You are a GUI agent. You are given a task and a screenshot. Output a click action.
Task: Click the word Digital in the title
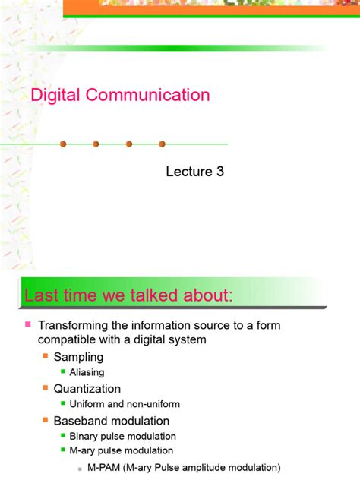pos(55,96)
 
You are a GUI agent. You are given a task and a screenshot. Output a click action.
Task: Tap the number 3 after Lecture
pos(220,172)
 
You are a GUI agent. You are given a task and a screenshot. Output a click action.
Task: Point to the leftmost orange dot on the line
pos(63,144)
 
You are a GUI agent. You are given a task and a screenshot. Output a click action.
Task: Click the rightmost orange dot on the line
pos(162,144)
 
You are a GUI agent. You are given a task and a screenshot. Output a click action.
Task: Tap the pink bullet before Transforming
pos(27,324)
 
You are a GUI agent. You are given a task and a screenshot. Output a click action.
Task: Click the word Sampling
pos(78,357)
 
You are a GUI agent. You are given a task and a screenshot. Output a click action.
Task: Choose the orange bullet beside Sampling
pos(46,356)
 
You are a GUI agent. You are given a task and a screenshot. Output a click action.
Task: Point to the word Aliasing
pos(87,373)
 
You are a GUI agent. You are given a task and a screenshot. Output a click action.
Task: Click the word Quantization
pos(87,389)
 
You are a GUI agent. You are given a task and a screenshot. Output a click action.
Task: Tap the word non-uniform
pos(156,405)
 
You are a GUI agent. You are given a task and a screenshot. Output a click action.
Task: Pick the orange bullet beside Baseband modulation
pos(46,420)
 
